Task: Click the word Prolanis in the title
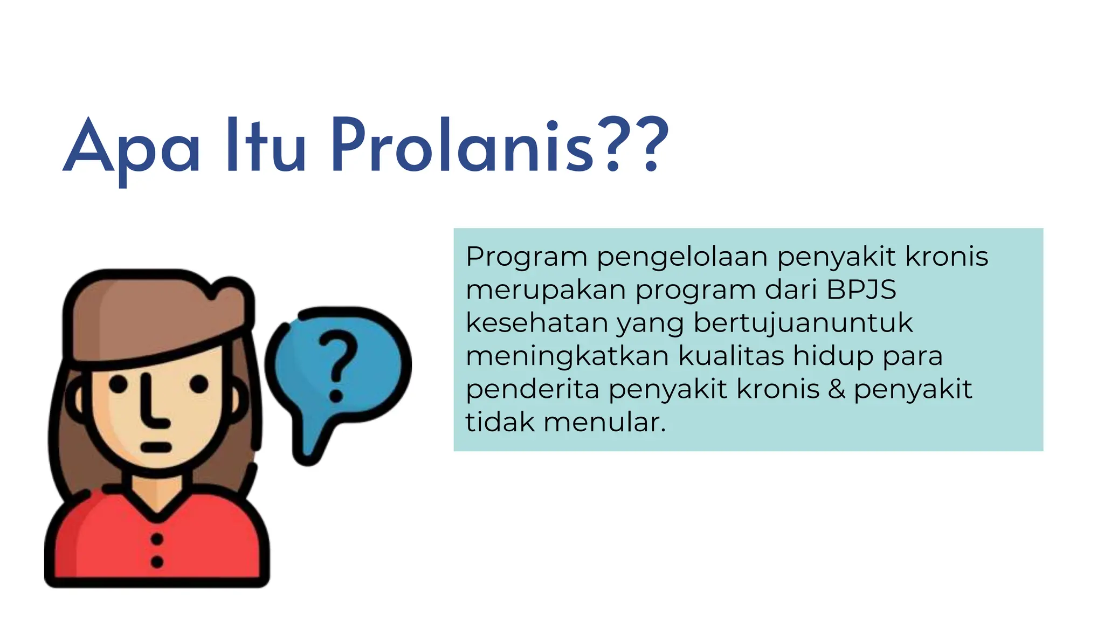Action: (462, 146)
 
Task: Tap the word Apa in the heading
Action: (132, 148)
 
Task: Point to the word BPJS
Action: (861, 289)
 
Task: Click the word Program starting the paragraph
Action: (526, 257)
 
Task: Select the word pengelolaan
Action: (682, 257)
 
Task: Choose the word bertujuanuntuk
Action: (803, 324)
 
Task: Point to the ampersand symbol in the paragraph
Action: (837, 389)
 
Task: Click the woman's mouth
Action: (156, 447)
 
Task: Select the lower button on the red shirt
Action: (157, 562)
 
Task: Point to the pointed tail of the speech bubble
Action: (308, 453)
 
